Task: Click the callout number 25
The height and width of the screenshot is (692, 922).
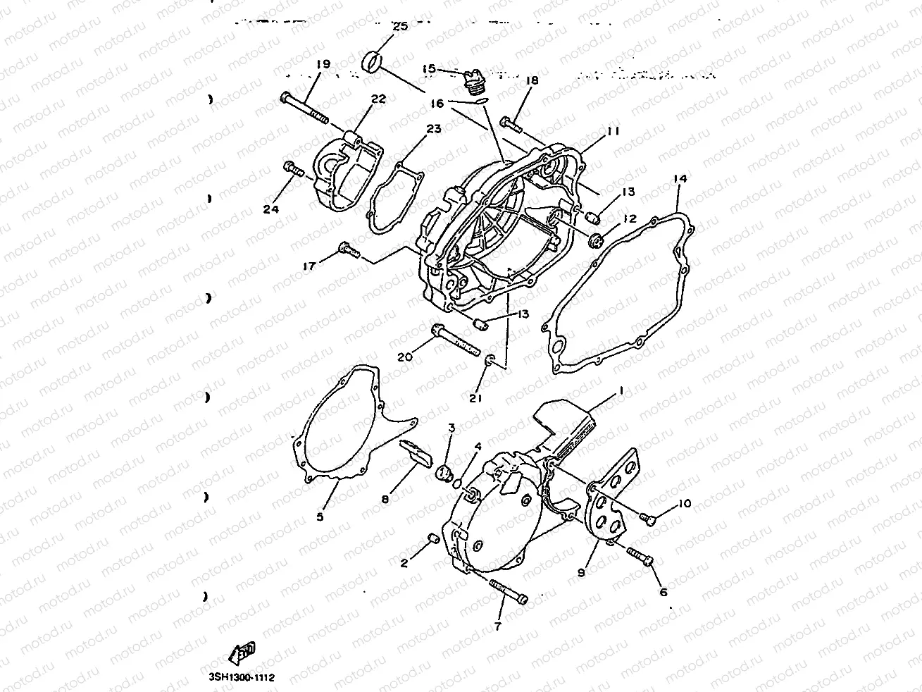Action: click(399, 27)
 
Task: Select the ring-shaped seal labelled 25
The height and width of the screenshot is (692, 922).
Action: click(373, 62)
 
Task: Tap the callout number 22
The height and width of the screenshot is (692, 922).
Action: click(378, 99)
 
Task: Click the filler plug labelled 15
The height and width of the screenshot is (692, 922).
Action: click(473, 82)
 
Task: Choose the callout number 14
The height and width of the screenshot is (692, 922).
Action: click(679, 179)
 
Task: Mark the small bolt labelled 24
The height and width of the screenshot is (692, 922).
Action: click(292, 168)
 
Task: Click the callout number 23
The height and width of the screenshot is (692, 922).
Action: click(433, 130)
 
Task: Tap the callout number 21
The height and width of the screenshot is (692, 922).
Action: click(476, 398)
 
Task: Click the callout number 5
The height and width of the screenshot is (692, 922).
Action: click(320, 517)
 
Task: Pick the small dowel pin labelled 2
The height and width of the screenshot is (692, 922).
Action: click(433, 540)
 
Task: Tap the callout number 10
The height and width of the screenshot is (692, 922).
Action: click(685, 503)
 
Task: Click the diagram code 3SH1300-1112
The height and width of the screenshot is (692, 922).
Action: click(240, 677)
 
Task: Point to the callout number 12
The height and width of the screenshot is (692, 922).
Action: click(629, 219)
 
